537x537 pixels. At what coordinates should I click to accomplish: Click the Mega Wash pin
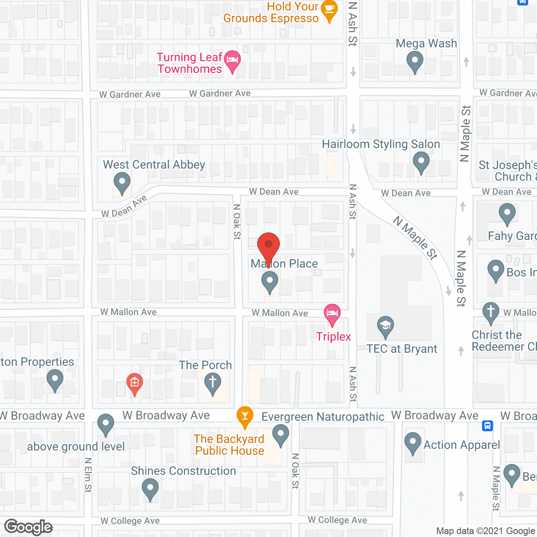click(x=414, y=61)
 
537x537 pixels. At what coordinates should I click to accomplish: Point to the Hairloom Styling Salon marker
click(x=421, y=162)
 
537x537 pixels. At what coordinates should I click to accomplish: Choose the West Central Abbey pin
click(x=122, y=183)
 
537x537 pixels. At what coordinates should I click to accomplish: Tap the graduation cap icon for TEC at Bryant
click(x=385, y=326)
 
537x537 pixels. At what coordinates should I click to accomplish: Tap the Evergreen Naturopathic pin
click(x=281, y=434)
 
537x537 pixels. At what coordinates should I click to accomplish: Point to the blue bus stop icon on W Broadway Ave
click(x=487, y=426)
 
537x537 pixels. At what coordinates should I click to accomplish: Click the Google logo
click(x=29, y=527)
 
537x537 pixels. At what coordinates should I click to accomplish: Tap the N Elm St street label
click(x=88, y=475)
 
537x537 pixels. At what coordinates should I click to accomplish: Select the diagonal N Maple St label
click(x=415, y=237)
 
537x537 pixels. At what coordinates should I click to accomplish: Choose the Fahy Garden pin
click(x=507, y=214)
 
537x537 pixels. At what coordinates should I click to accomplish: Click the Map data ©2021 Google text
click(x=485, y=531)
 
